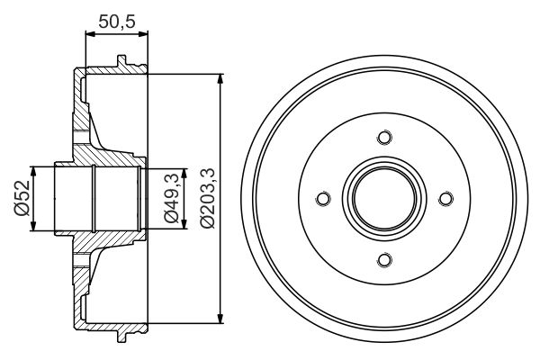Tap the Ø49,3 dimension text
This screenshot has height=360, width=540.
169,200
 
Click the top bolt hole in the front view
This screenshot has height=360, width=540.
384,138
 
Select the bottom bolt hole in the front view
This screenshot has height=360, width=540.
384,260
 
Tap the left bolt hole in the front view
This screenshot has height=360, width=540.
323,199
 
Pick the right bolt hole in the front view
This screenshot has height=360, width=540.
445,199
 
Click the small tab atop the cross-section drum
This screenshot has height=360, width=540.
119,62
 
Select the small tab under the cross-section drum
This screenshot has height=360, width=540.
119,335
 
